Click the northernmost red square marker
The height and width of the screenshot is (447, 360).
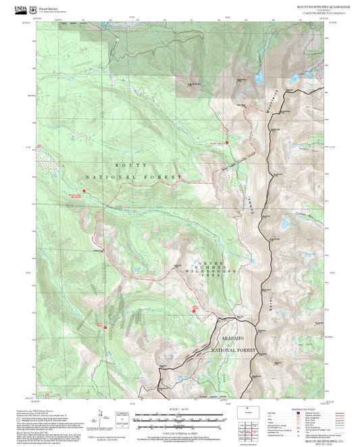coord(227,143)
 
